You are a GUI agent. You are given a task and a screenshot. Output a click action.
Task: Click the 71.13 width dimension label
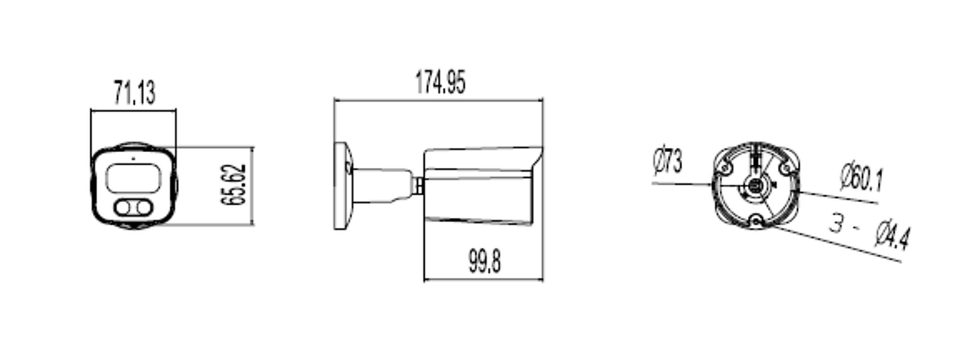135,93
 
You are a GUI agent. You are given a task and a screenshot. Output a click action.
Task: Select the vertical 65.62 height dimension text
234,185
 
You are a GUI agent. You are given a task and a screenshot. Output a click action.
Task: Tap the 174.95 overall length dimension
440,82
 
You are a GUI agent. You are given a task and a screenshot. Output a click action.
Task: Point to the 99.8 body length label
485,261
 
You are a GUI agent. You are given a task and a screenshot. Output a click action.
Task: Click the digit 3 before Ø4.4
837,223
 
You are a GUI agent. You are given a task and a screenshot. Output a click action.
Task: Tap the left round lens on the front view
123,208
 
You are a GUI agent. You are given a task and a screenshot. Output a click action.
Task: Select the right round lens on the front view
144,208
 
